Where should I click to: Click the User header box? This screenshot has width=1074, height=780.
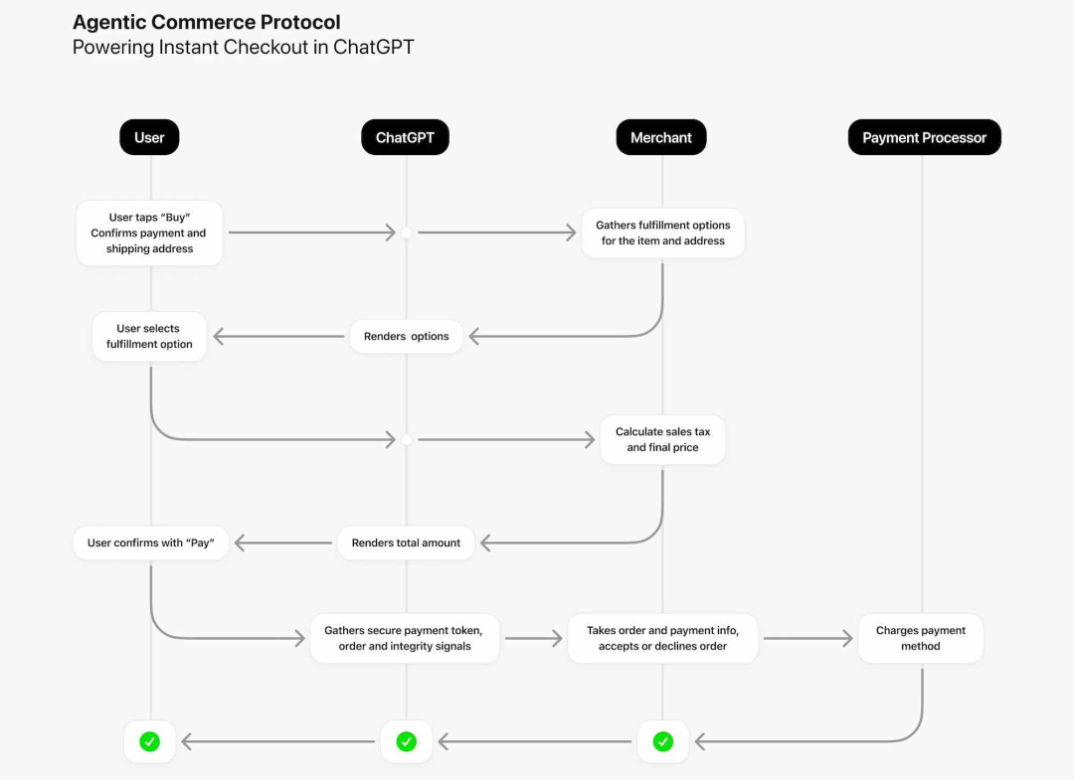(x=149, y=137)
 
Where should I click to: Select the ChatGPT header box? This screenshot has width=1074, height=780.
(x=405, y=137)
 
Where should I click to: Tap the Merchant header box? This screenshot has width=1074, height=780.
(x=661, y=137)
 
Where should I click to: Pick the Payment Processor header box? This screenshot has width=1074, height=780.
(x=924, y=137)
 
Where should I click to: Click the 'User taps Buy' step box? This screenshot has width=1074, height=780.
(x=149, y=234)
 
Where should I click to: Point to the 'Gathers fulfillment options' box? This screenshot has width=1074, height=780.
(x=662, y=233)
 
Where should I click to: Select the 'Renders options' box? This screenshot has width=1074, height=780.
(x=406, y=336)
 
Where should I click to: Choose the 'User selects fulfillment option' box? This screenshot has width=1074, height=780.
(x=149, y=336)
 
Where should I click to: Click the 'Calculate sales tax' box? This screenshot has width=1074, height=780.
(x=662, y=439)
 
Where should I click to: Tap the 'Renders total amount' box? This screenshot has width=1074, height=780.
(x=406, y=543)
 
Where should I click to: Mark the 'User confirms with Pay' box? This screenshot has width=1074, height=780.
(x=151, y=543)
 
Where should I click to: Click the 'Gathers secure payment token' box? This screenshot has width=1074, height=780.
(x=404, y=638)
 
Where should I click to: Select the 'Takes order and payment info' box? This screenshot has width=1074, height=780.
(x=662, y=638)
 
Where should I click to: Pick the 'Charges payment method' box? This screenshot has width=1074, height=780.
(x=921, y=638)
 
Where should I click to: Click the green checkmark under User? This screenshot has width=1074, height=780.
(x=149, y=741)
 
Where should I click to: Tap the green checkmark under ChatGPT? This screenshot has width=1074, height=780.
(x=406, y=741)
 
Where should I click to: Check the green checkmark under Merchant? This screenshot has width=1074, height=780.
(x=662, y=741)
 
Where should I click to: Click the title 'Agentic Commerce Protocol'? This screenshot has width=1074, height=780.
(x=206, y=22)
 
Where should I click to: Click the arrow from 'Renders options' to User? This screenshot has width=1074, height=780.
(x=278, y=337)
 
